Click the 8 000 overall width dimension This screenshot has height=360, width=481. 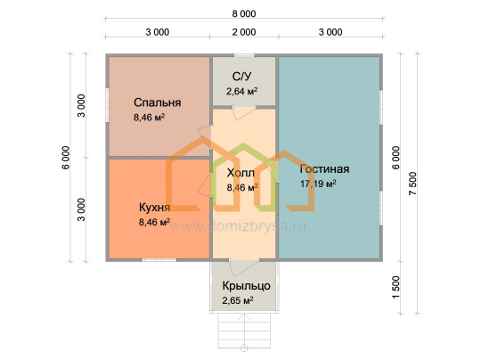[x=244, y=13]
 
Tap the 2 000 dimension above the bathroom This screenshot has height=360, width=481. [x=244, y=32]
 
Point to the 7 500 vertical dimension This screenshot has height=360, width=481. [x=413, y=184]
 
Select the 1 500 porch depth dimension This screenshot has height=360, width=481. [x=396, y=287]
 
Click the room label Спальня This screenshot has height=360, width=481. [x=157, y=102]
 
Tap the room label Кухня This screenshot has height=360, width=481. [x=154, y=208]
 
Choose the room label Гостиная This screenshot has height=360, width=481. [x=324, y=168]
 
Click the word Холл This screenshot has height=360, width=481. [x=240, y=173]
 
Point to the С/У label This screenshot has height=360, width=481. [x=242, y=77]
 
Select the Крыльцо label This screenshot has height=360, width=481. [x=247, y=286]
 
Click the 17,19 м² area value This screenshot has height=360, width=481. [x=318, y=184]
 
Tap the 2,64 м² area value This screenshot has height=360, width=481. [x=241, y=91]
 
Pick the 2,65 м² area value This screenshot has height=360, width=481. [x=238, y=300]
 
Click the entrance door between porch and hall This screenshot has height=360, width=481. [x=244, y=267]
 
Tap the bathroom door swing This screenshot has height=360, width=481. [x=244, y=112]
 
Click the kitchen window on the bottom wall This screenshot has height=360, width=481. [x=159, y=260]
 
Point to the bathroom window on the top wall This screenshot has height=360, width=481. [x=244, y=55]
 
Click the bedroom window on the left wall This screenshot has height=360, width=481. [x=108, y=105]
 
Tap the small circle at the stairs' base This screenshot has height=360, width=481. [x=244, y=348]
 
